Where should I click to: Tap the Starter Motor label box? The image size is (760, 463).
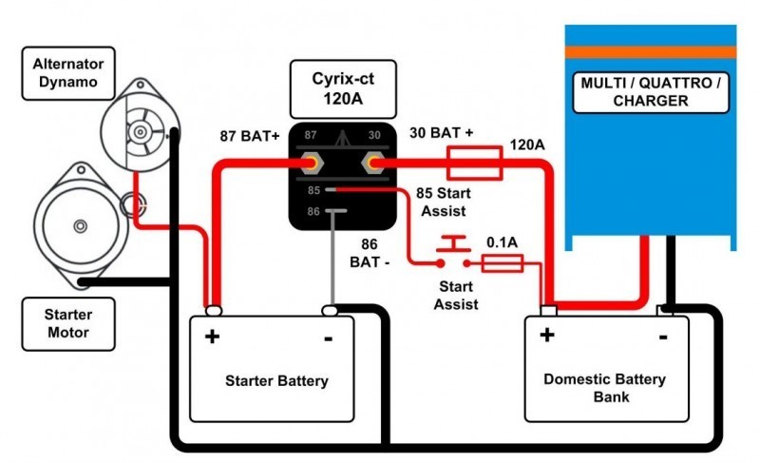[x=67, y=321]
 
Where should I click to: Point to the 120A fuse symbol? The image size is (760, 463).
[x=474, y=164]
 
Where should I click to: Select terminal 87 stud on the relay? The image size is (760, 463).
[x=312, y=164]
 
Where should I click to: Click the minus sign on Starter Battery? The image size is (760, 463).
[x=328, y=337]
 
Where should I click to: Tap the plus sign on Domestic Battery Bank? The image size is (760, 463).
[x=546, y=335]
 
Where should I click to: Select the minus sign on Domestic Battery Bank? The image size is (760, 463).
[x=662, y=335]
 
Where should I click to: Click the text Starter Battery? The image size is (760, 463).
[x=276, y=381]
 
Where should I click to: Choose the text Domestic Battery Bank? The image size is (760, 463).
[x=604, y=387]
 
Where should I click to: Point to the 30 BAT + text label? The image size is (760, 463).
[x=441, y=134]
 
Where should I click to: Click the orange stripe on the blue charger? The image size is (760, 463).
[x=651, y=51]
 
